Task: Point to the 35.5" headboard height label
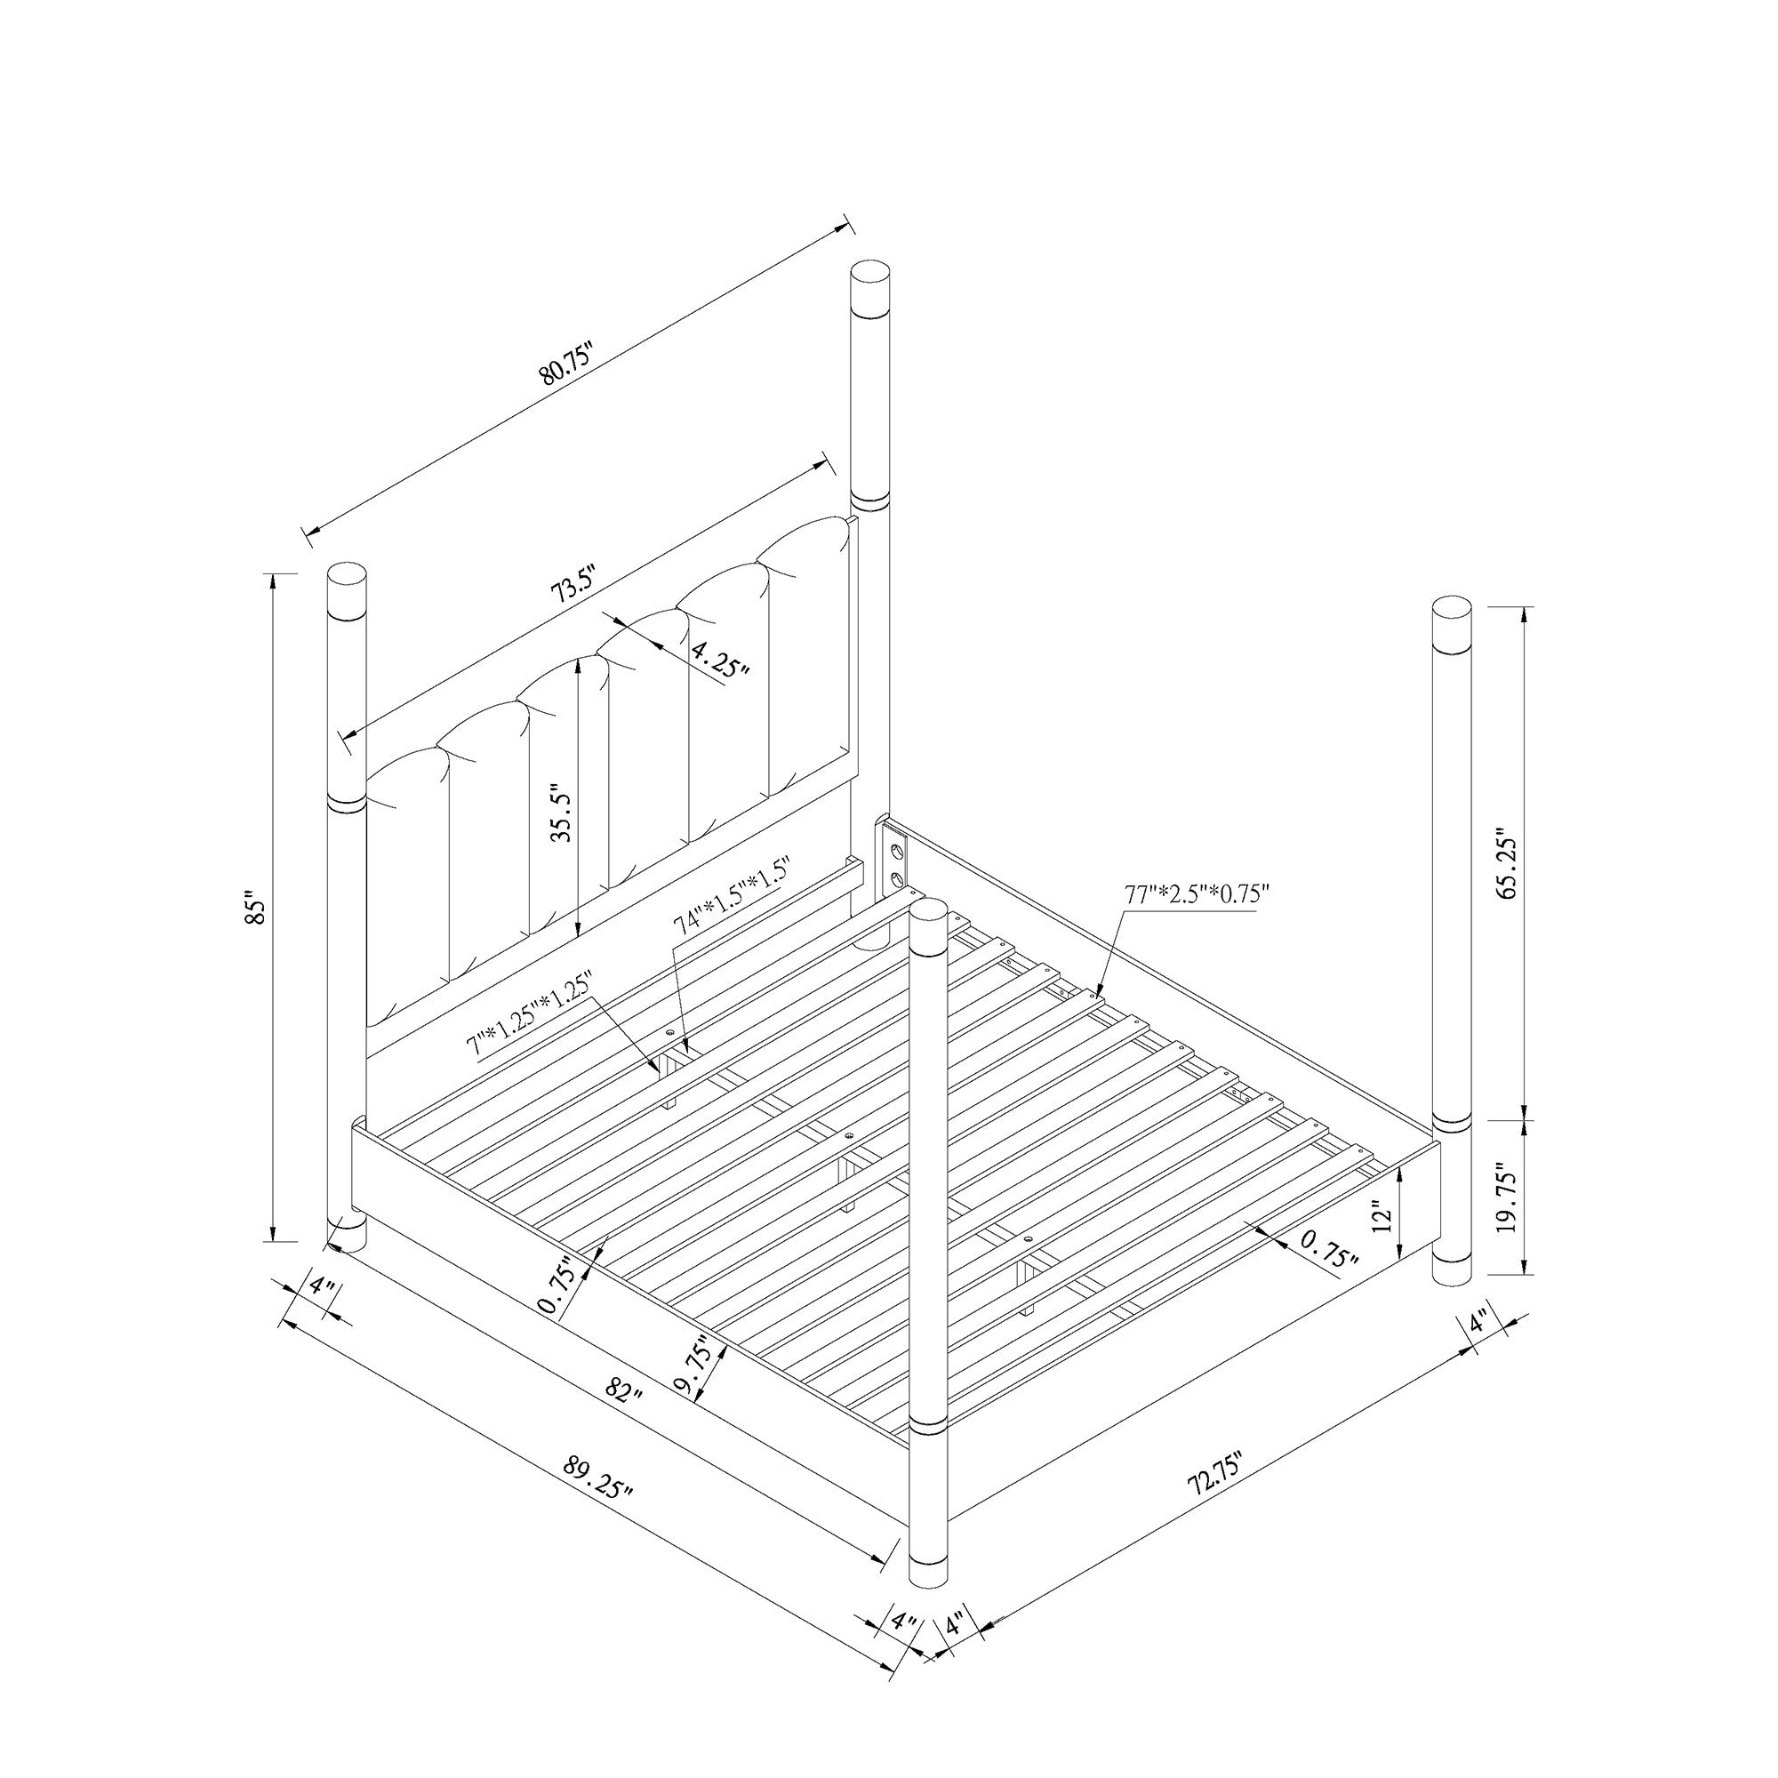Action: [x=561, y=813]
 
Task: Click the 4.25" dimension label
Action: [x=721, y=659]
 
